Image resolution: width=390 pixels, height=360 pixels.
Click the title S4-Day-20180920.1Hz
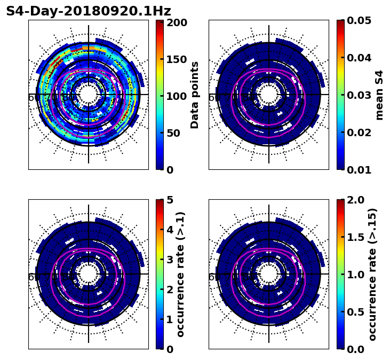(89, 11)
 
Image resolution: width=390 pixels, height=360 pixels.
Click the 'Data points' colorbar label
(195, 95)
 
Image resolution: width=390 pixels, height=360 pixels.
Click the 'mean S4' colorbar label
(379, 95)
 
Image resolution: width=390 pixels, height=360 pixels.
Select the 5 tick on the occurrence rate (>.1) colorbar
(170, 200)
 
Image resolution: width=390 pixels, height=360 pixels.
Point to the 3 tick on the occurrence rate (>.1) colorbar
(170, 260)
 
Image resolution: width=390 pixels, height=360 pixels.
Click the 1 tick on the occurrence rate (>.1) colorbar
(170, 319)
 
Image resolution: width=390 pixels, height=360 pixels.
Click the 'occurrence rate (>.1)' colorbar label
(181, 275)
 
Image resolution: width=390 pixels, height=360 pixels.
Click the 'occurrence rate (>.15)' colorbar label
(372, 275)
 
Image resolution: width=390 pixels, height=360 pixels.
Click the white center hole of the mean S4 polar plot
(269, 95)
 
